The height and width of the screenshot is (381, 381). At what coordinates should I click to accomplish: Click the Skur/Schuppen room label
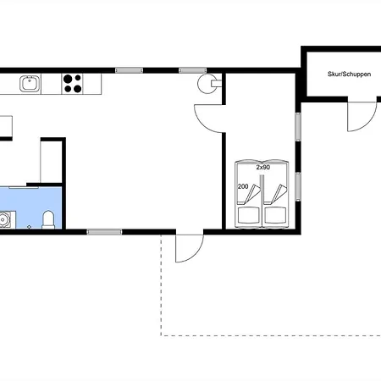[349, 75]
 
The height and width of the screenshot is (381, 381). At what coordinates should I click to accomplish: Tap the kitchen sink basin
[30, 84]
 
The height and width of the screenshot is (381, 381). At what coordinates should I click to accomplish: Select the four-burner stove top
[72, 84]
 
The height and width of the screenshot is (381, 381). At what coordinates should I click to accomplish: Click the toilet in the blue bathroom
[48, 219]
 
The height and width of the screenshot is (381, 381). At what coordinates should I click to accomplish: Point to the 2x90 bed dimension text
[263, 168]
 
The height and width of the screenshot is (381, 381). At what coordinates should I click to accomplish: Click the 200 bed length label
[243, 186]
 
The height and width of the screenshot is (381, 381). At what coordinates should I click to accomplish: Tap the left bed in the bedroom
[249, 194]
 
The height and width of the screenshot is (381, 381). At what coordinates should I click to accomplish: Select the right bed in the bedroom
[276, 194]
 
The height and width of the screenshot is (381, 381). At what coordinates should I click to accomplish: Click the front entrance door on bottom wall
[190, 248]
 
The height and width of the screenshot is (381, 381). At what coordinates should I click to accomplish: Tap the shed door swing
[362, 116]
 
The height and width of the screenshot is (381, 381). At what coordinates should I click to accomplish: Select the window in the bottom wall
[104, 232]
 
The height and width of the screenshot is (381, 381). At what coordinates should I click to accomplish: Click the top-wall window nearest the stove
[193, 70]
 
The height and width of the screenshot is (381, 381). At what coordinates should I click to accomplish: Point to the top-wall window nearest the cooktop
[129, 70]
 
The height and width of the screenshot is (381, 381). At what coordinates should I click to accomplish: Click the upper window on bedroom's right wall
[298, 127]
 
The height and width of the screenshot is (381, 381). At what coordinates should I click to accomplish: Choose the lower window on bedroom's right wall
[298, 186]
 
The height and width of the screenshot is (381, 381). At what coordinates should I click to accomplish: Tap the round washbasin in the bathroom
[3, 219]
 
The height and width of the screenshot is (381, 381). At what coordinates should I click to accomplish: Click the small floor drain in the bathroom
[29, 227]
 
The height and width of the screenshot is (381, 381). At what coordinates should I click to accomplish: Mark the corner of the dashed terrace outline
[161, 335]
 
